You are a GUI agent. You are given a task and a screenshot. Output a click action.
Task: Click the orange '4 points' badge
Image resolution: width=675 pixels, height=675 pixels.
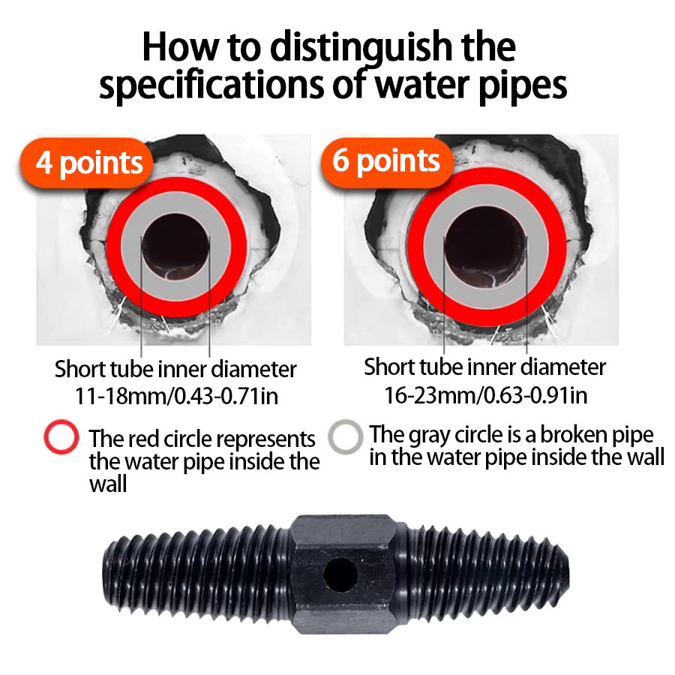pyautogui.click(x=86, y=163)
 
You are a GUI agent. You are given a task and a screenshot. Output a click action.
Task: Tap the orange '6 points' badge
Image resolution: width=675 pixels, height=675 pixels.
pyautogui.click(x=387, y=162)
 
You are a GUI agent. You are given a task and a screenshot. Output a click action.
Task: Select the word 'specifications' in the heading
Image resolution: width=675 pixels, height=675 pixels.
pyautogui.click(x=211, y=85)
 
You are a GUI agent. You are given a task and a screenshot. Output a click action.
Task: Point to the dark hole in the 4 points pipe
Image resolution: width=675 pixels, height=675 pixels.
pyautogui.click(x=175, y=247)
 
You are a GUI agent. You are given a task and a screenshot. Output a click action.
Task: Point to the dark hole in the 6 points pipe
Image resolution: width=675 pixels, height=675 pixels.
pyautogui.click(x=485, y=247)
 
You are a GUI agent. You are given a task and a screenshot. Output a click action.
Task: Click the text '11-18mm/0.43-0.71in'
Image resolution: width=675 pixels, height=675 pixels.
pyautogui.click(x=176, y=395)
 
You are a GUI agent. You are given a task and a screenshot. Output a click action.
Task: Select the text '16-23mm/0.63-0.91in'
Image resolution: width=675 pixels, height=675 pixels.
pyautogui.click(x=485, y=394)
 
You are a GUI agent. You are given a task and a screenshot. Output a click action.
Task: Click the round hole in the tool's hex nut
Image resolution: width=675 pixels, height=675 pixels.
pyautogui.click(x=340, y=574)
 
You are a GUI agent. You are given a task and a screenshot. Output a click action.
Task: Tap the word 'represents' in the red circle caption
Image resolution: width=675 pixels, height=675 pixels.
pyautogui.click(x=265, y=439)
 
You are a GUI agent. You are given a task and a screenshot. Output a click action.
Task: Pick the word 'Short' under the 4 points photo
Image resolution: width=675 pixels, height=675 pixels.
pyautogui.click(x=79, y=369)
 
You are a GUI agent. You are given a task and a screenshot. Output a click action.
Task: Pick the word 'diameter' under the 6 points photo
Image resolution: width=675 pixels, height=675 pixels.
pyautogui.click(x=564, y=367)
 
